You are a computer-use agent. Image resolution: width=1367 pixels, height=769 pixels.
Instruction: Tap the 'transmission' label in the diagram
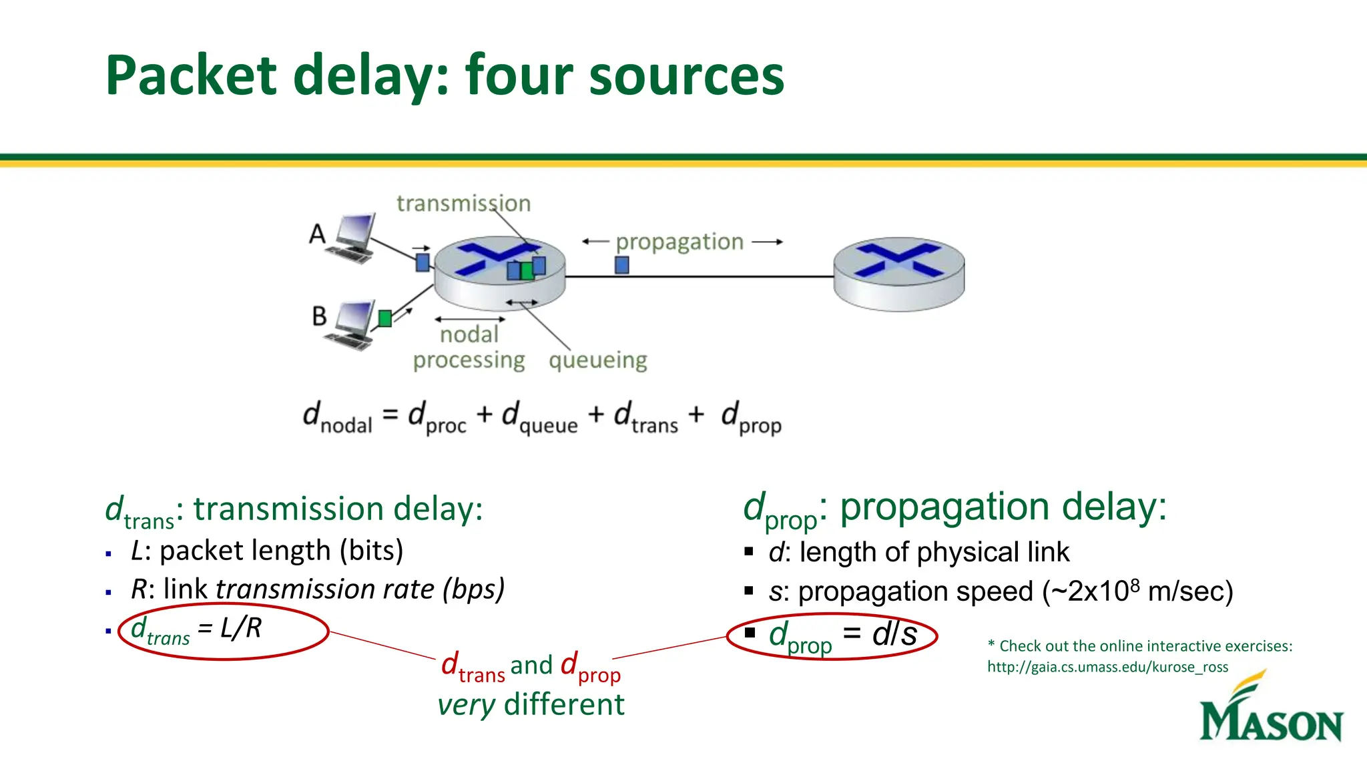click(x=463, y=203)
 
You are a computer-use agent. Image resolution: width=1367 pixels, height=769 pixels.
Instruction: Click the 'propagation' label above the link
click(x=679, y=242)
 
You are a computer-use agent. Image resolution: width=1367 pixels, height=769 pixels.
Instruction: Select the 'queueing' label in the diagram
click(x=597, y=360)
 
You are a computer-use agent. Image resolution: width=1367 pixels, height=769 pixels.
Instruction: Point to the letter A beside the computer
click(x=317, y=234)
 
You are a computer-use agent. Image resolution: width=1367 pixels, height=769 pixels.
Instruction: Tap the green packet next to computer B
click(x=385, y=318)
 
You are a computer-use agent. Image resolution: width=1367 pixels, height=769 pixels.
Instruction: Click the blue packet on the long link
click(x=621, y=266)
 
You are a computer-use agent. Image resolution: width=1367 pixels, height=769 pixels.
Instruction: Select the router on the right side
click(x=898, y=274)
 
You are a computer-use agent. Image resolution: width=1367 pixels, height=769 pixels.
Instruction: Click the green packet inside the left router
click(x=527, y=270)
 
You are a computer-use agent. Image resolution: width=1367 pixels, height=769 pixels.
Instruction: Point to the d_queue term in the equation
click(x=539, y=417)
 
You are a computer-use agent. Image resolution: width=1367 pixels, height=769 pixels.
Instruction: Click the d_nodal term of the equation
click(x=337, y=417)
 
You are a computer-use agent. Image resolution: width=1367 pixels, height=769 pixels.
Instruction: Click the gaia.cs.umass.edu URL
click(x=1107, y=667)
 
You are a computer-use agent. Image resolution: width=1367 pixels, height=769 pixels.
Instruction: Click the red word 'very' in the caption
click(x=466, y=705)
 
